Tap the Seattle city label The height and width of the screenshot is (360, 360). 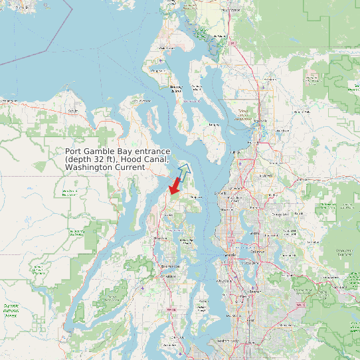tap(230, 255)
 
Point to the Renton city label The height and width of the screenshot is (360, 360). tap(254, 291)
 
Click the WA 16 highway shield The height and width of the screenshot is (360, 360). tap(170, 310)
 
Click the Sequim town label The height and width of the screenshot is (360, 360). tap(71, 111)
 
